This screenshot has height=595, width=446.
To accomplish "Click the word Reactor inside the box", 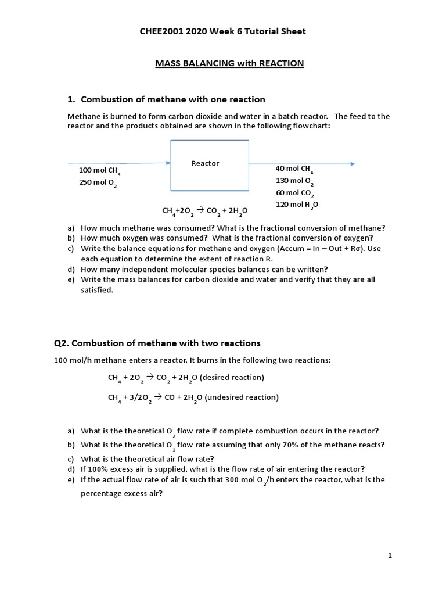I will tap(205, 163).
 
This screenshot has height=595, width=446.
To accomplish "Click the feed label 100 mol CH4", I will tap(99, 171).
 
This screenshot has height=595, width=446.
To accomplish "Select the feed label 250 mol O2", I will tap(98, 184).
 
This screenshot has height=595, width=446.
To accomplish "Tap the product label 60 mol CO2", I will tap(295, 193).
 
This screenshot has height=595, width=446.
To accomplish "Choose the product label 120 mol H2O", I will tap(297, 205).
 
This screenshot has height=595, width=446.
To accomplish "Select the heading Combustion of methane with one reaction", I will tap(172, 99).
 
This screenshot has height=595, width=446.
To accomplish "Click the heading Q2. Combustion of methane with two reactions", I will tap(157, 343).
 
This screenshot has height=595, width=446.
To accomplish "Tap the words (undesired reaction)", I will tap(240, 397).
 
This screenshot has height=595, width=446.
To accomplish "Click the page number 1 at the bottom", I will tap(390, 556).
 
